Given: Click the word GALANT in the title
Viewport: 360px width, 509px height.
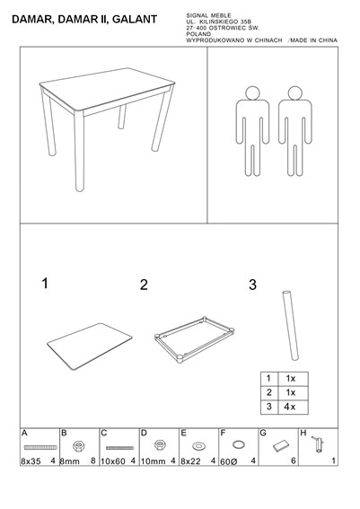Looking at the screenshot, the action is [135, 20].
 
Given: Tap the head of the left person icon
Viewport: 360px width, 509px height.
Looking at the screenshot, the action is [252, 92].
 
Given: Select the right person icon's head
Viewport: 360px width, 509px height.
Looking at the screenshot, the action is [294, 92].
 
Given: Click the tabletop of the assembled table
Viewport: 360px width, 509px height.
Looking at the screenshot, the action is [107, 88].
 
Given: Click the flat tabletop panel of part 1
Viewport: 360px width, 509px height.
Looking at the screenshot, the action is [90, 346].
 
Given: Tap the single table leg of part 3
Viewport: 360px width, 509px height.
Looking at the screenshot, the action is [290, 325].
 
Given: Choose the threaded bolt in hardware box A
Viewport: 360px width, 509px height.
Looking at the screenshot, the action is [40, 447].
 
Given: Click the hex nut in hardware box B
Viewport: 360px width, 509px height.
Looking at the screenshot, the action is [77, 445].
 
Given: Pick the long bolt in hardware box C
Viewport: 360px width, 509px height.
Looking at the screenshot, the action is [119, 448].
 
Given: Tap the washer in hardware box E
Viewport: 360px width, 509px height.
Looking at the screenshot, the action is [198, 446].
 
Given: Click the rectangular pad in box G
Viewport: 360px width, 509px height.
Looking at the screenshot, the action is [281, 445].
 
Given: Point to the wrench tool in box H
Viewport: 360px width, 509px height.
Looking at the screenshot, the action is [318, 444].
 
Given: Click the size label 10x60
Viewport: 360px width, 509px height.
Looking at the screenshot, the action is [113, 461].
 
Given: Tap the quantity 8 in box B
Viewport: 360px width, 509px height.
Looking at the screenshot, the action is [93, 461].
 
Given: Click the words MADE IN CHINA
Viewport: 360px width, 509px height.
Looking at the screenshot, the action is [313, 40].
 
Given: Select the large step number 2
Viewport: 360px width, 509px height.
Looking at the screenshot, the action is [144, 285].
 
